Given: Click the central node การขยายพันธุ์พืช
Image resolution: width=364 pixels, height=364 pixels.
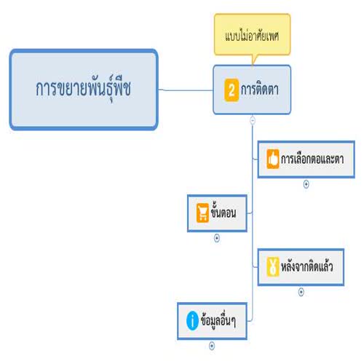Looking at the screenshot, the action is point(84,90).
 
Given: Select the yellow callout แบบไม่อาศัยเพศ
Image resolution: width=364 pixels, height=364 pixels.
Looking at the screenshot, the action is point(252,34).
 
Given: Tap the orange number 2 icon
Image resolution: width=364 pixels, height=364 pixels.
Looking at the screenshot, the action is point(232,90).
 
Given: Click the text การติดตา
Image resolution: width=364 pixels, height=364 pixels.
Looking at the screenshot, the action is point(260,90).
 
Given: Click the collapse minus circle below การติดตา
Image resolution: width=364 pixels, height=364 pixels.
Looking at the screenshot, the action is point(253,120).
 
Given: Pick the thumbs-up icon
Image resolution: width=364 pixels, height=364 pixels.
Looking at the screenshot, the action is point(273,159).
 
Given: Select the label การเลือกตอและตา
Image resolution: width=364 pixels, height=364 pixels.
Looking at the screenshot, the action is point(312,159).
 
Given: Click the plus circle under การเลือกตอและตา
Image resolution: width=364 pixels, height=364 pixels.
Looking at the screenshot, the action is point(306,184).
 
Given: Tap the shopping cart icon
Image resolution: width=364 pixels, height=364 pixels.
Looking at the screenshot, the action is point(202,213).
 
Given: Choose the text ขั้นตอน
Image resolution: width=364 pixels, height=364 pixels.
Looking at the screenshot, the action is point(223,212).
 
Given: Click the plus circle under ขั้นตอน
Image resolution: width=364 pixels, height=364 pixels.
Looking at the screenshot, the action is point(217,238).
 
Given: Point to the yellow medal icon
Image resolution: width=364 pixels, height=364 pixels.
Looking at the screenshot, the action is point(273,266).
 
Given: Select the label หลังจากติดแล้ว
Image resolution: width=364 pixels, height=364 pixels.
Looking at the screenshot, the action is point(306,266).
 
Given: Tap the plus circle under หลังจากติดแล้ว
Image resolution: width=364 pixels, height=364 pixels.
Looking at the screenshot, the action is point(301,292).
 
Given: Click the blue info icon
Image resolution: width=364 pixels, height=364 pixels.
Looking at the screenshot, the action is point(192,320).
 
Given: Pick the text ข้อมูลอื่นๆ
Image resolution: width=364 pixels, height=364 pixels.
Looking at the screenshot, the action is point(218,320).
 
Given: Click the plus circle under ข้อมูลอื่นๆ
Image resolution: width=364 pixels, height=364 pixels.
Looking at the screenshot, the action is point(212,346).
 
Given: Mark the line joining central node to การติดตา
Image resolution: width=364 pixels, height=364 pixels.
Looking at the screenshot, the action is point(186,90).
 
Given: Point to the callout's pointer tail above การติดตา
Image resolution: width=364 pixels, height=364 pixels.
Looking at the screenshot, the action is point(253,60).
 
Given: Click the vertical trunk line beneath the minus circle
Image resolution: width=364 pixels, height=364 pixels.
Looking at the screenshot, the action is point(253,221).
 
